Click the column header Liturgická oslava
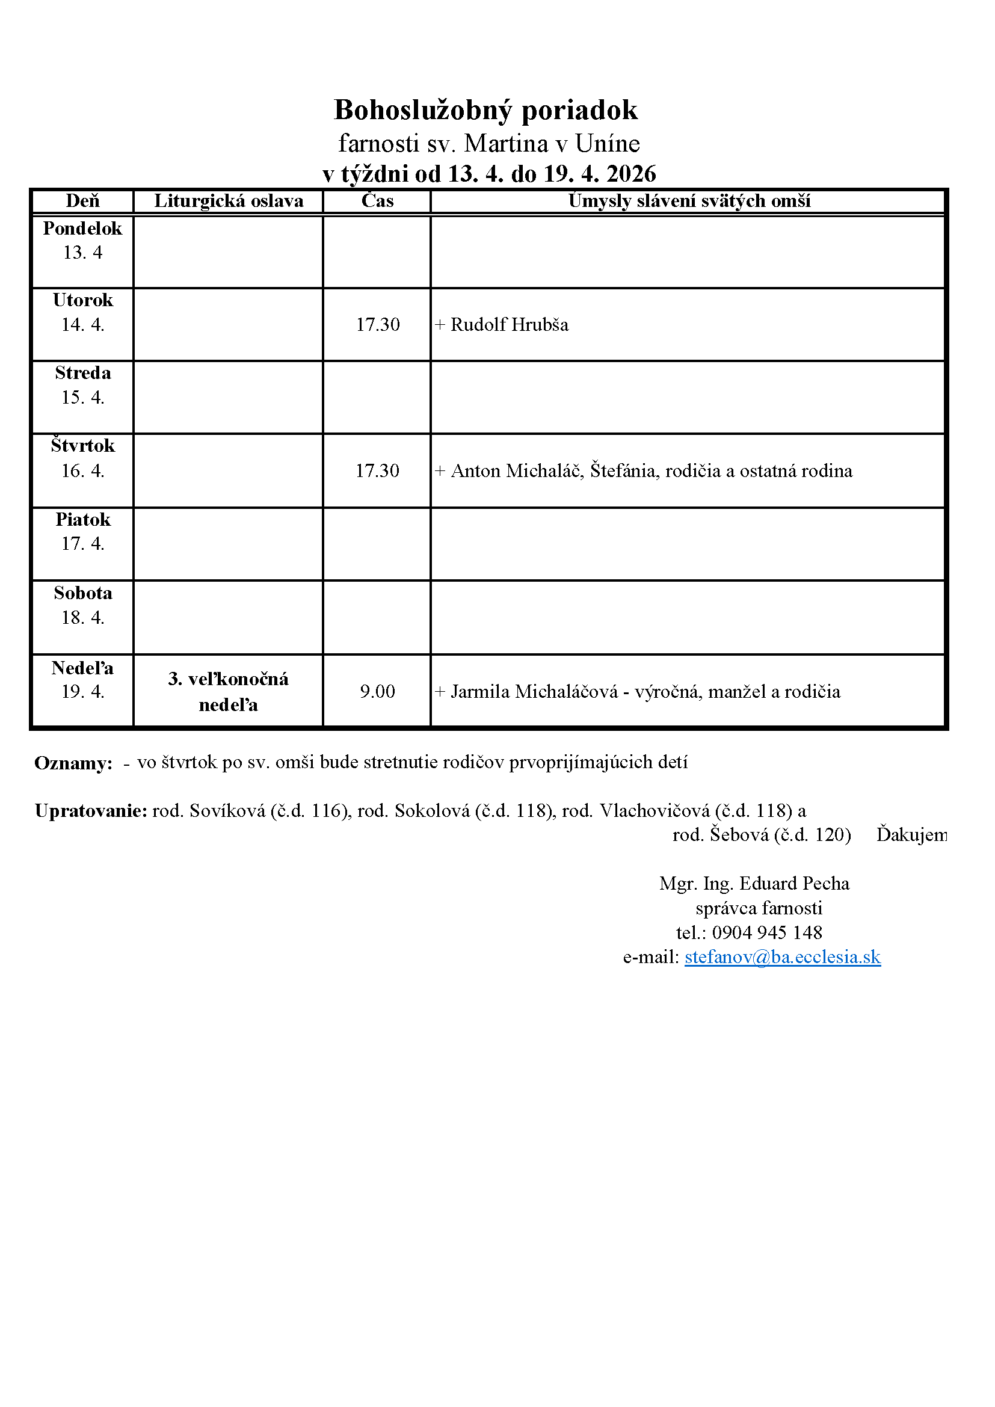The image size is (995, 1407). click(x=229, y=201)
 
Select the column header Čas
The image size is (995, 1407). click(x=377, y=201)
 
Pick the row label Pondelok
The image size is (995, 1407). click(x=82, y=229)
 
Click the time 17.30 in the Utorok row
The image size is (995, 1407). click(x=377, y=325)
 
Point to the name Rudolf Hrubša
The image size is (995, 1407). click(x=509, y=325)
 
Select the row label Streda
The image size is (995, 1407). click(x=82, y=373)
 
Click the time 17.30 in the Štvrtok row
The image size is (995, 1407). click(x=377, y=470)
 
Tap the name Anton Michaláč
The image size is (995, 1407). click(x=517, y=470)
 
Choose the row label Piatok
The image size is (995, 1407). click(x=82, y=520)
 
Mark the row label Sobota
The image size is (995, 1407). click(x=82, y=593)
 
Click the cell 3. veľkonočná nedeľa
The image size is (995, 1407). click(x=229, y=692)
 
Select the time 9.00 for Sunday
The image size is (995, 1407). click(x=377, y=692)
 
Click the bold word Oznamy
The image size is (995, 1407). click(x=73, y=763)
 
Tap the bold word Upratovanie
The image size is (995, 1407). click(x=91, y=811)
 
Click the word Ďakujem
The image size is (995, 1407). click(x=911, y=835)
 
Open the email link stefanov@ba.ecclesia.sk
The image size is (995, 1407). click(x=783, y=957)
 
